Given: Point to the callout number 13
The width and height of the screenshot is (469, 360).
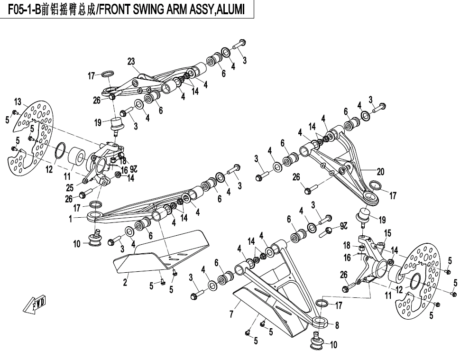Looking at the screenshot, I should (18, 102).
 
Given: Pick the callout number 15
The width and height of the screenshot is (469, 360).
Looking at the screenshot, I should (387, 233).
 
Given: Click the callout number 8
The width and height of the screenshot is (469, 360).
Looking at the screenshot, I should (337, 325).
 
